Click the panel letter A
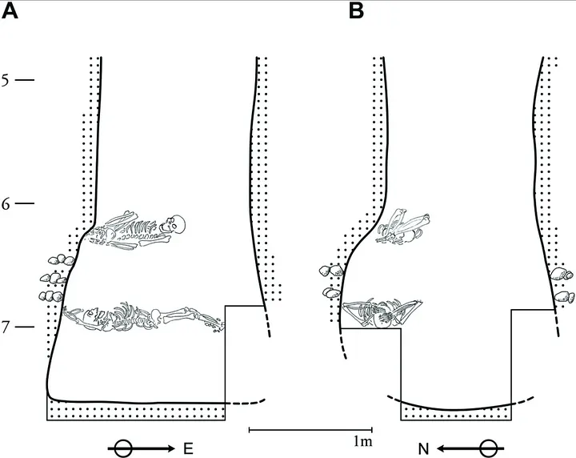click(9, 11)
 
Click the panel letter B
click(356, 11)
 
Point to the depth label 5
click(5, 80)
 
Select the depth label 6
click(5, 203)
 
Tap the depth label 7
click(5, 327)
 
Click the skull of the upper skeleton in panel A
click(174, 224)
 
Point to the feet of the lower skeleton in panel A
click(215, 323)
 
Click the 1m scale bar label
click(363, 440)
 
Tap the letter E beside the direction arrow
click(188, 449)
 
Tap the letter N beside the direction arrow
click(423, 449)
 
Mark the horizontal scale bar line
click(310, 430)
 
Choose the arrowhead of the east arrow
click(170, 448)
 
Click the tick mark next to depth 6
click(25, 203)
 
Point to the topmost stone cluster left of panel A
click(61, 259)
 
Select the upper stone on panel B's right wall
click(562, 274)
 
